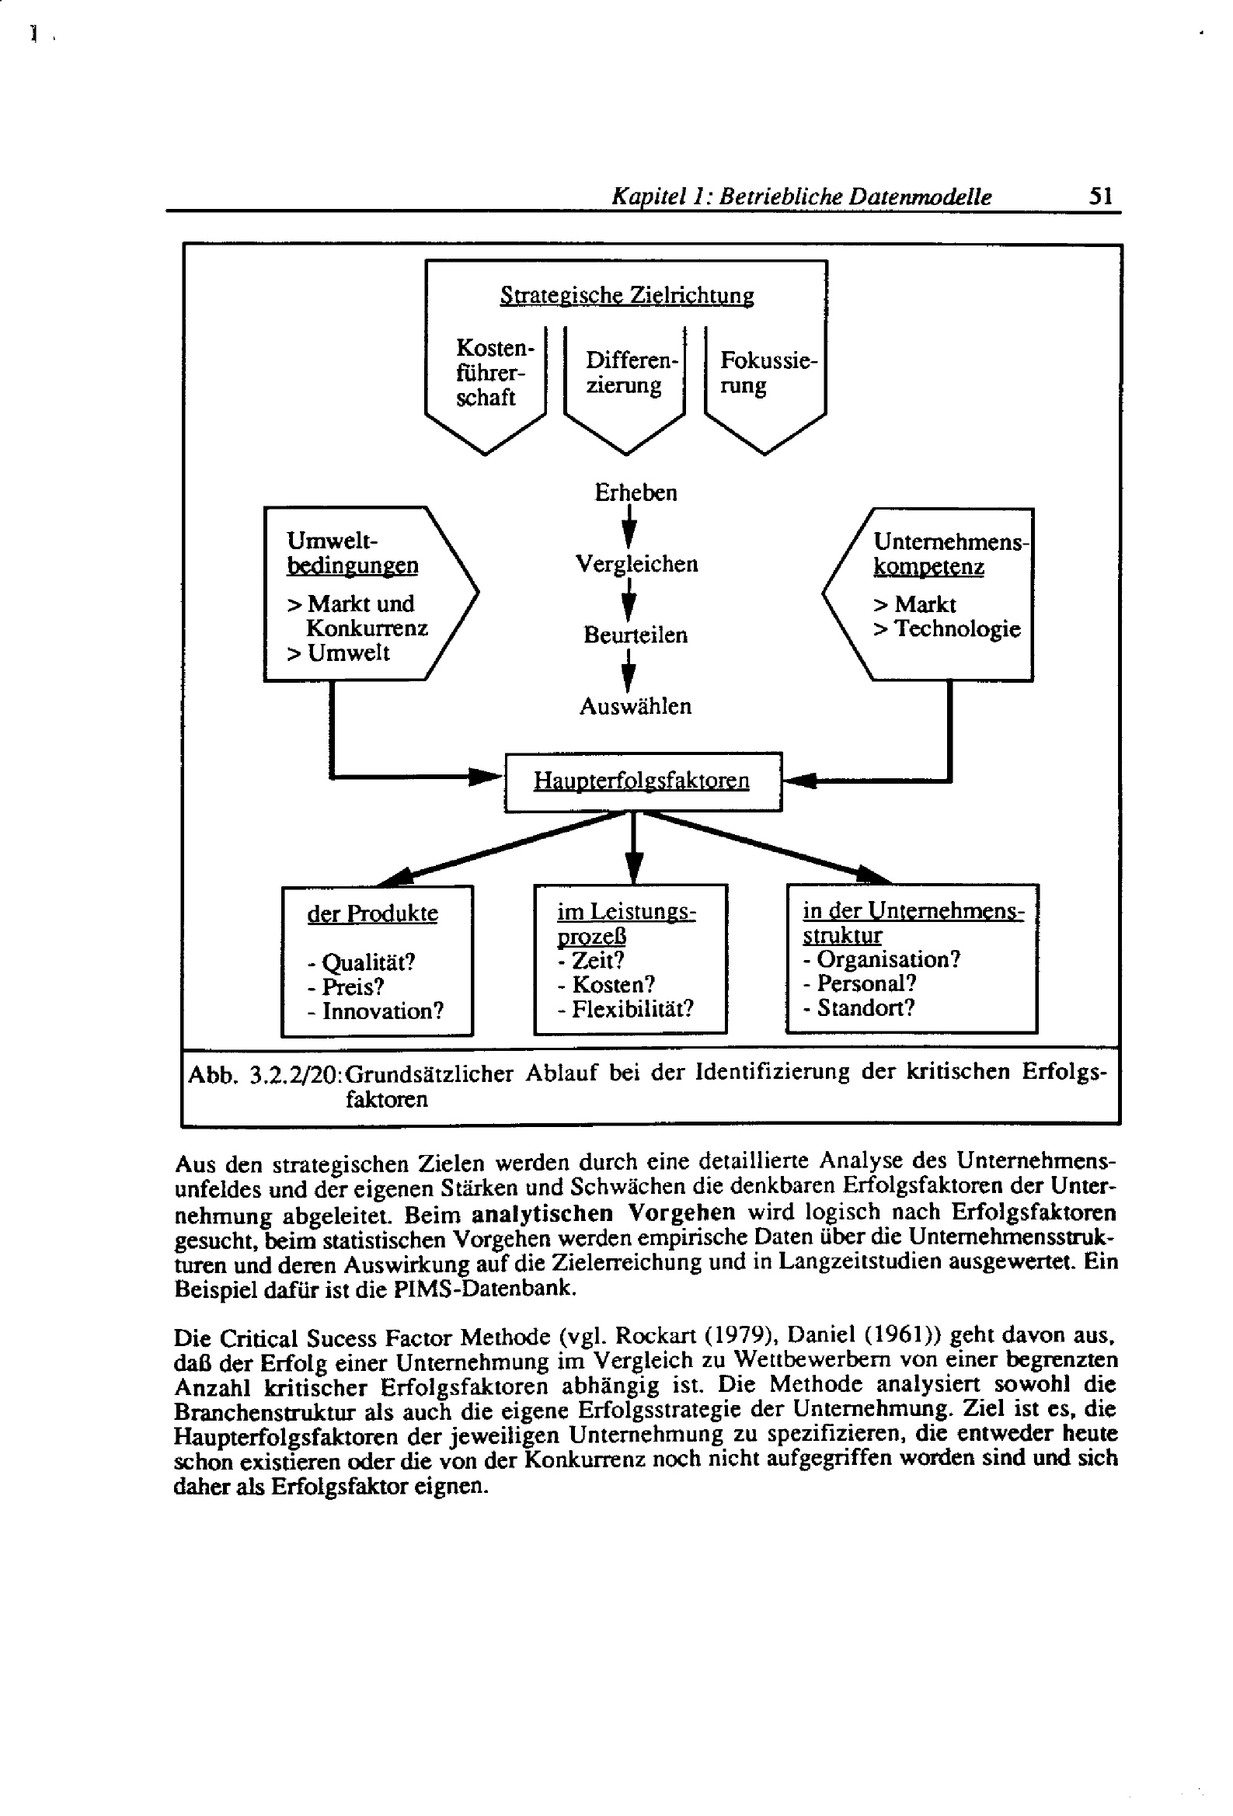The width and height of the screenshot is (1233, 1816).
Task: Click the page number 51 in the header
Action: [x=1100, y=196]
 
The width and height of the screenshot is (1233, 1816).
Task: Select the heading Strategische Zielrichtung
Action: [x=626, y=295]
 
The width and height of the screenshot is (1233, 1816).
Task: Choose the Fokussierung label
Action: [x=767, y=373]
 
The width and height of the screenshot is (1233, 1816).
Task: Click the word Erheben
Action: [x=635, y=493]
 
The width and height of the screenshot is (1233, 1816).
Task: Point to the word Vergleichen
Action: [x=636, y=564]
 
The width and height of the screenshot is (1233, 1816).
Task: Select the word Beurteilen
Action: [x=635, y=635]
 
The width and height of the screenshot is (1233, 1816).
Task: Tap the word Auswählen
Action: [x=635, y=706]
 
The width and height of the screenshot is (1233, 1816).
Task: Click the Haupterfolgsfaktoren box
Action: [x=642, y=781]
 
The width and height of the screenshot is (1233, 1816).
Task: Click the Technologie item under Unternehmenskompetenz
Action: [x=956, y=628]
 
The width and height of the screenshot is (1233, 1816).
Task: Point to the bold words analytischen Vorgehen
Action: [x=603, y=1212]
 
